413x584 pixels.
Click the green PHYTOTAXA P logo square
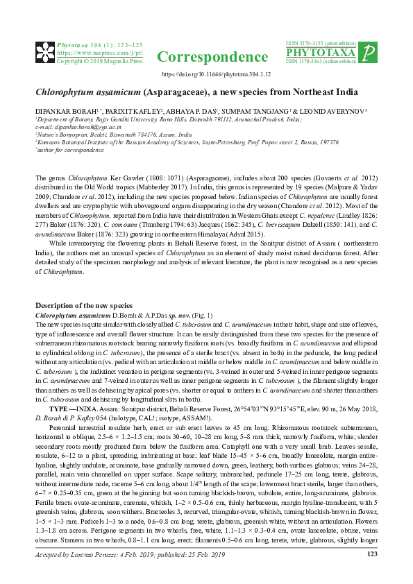(x=370, y=53)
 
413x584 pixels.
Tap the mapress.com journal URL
(x=99, y=53)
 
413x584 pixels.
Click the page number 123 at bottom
(x=371, y=554)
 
